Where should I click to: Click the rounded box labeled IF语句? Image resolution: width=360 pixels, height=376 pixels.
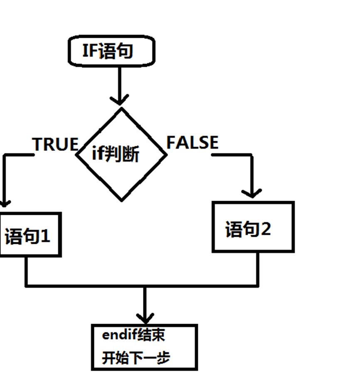tap(111, 51)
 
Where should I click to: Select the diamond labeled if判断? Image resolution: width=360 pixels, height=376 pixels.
tap(121, 155)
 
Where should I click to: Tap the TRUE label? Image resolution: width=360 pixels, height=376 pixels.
tap(55, 144)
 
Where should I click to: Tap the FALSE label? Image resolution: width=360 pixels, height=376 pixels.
tap(192, 142)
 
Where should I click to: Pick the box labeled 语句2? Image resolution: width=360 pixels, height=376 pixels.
tap(253, 227)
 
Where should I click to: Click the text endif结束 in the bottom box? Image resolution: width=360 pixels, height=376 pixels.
tap(133, 335)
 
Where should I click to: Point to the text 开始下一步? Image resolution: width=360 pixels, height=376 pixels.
tap(136, 358)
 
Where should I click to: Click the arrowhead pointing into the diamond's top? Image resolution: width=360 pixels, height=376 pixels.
tap(119, 100)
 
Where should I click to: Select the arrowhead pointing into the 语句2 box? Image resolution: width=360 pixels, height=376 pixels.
tap(252, 193)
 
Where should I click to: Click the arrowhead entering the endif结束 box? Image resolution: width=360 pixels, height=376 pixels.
tap(145, 319)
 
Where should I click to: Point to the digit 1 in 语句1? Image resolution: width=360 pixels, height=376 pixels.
tap(45, 236)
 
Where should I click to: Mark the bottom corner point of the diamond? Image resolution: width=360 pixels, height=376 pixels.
tap(121, 201)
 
